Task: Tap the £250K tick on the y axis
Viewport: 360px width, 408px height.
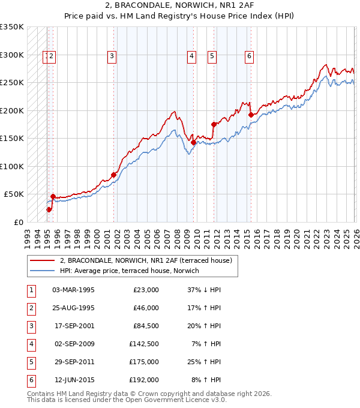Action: [x=12, y=83]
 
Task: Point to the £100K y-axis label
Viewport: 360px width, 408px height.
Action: [x=12, y=166]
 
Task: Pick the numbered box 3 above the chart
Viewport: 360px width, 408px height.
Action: [x=112, y=57]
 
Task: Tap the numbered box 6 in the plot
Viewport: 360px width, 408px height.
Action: [x=249, y=57]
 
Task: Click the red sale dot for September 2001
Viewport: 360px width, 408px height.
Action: [x=113, y=175]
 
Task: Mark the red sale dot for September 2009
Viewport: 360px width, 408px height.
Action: [x=193, y=142]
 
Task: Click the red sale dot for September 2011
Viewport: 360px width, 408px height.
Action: [x=214, y=124]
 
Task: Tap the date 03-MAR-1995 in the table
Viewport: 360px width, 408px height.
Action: [x=73, y=290]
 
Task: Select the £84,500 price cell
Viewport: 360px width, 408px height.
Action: [x=146, y=326]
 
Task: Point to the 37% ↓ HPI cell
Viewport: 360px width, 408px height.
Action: [x=204, y=290]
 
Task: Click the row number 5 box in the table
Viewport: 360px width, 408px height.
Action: [x=31, y=362]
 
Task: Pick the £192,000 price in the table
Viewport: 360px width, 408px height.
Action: [x=146, y=380]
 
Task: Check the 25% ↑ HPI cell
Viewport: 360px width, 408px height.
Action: [x=204, y=362]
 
